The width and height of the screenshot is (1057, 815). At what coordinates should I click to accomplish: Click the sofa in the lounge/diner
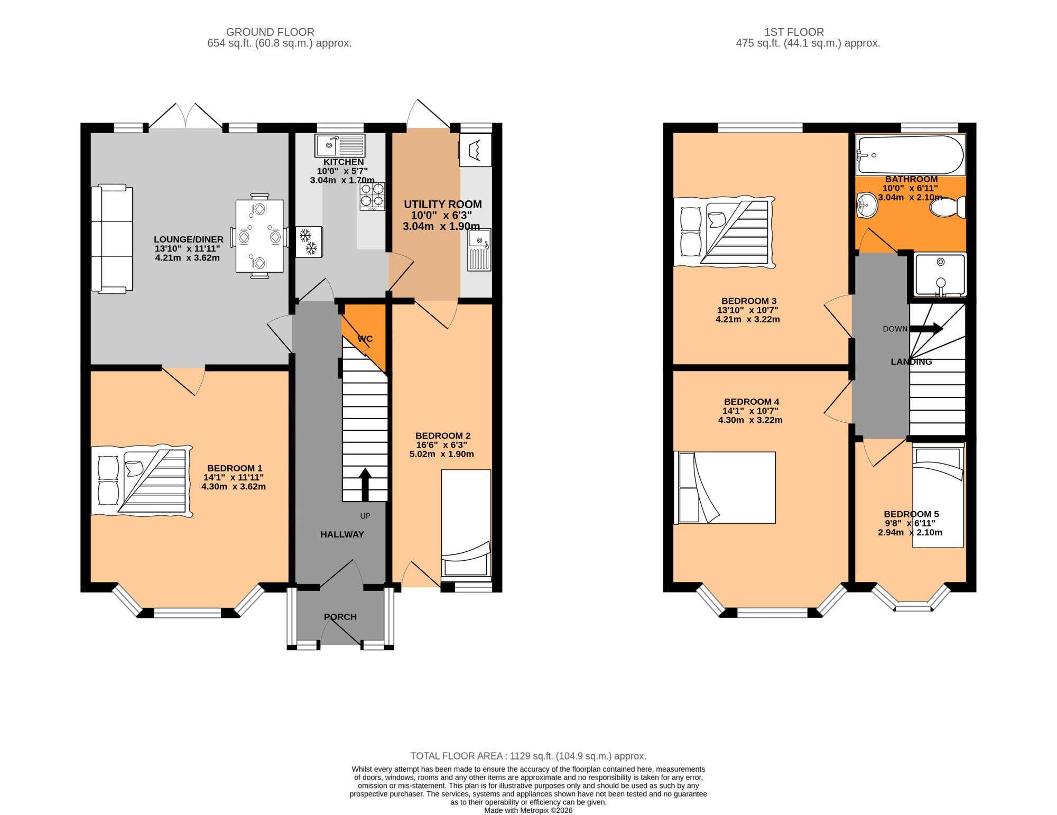pyautogui.click(x=112, y=238)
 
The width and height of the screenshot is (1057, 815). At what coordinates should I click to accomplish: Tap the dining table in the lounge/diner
pyautogui.click(x=259, y=236)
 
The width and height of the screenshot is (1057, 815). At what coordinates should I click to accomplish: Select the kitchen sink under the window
pyautogui.click(x=340, y=145)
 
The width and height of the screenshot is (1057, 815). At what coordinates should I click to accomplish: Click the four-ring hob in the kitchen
pyautogui.click(x=372, y=196)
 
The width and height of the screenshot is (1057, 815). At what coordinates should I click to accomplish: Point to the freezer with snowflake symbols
pyautogui.click(x=309, y=242)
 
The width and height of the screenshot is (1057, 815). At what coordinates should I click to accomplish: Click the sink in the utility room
pyautogui.click(x=479, y=249)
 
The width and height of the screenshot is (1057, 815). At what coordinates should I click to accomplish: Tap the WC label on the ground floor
pyautogui.click(x=365, y=339)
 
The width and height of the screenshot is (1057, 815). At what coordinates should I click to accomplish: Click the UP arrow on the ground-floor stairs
pyautogui.click(x=365, y=484)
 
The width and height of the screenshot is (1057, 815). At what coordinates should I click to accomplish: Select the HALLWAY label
pyautogui.click(x=342, y=534)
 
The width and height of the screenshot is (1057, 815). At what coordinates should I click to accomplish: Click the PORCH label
pyautogui.click(x=340, y=617)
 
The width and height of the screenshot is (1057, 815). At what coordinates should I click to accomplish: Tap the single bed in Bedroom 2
pyautogui.click(x=466, y=525)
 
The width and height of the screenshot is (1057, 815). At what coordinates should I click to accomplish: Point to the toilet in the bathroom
pyautogui.click(x=948, y=207)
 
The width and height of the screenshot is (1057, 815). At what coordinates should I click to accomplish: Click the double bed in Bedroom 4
pyautogui.click(x=725, y=488)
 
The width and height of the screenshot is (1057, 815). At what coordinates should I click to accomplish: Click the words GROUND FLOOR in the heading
pyautogui.click(x=270, y=32)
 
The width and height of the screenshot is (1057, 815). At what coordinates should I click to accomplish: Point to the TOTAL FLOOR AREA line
pyautogui.click(x=528, y=756)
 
